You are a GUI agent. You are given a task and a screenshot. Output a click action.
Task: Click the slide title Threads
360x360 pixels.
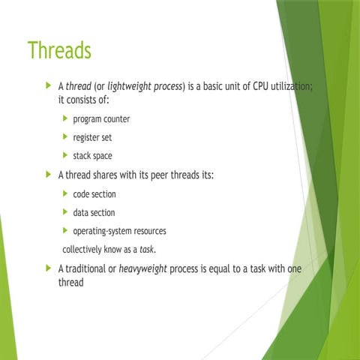point(58,51)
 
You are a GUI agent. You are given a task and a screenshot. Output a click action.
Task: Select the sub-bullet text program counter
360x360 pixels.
point(101,119)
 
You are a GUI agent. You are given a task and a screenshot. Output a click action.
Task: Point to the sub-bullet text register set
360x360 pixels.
point(92,137)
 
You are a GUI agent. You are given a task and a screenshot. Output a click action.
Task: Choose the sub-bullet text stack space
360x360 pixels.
point(92,156)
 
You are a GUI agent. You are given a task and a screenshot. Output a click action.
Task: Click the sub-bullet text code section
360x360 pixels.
point(94,194)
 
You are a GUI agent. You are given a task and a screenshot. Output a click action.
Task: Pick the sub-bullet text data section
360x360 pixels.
point(94,213)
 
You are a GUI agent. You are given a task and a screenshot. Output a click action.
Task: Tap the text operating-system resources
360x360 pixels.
point(119,231)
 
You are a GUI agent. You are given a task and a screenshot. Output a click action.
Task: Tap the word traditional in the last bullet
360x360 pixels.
point(87,268)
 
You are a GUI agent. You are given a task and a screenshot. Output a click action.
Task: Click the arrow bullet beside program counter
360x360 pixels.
point(65,119)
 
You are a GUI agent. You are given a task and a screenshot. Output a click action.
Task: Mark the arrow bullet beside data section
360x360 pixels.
point(65,213)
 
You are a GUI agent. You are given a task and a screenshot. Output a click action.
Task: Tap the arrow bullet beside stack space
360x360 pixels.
point(65,156)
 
